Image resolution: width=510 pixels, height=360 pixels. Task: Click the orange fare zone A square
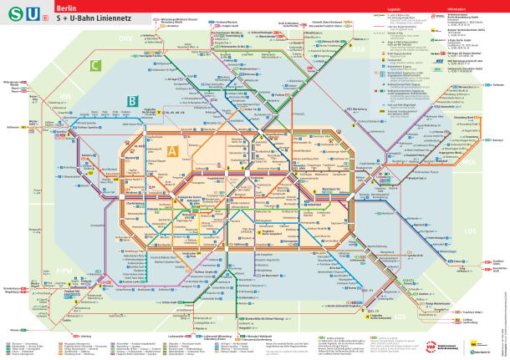coord(172,150)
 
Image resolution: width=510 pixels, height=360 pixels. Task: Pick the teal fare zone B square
coord(131,102)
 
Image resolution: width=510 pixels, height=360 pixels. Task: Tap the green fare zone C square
coord(96,64)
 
